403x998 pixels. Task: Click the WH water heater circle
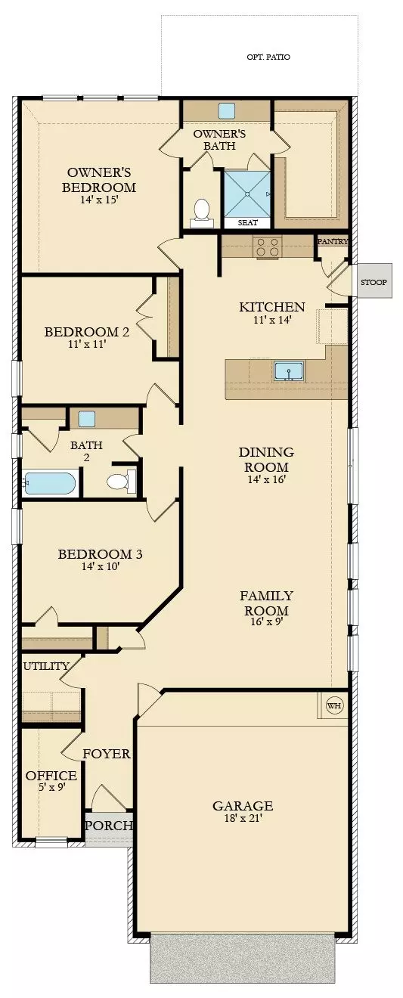point(334,705)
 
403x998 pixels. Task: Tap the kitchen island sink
point(288,371)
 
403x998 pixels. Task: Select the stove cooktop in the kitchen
point(268,246)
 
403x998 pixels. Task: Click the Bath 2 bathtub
point(49,483)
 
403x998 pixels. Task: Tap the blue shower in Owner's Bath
point(247,194)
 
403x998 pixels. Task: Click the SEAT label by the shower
point(247,223)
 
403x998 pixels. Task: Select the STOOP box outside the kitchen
point(373,280)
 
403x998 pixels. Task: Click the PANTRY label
point(333,241)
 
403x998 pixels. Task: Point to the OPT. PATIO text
point(268,57)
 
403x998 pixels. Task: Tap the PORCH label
point(109,826)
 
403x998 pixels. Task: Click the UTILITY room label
point(46,666)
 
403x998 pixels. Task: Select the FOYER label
point(107,753)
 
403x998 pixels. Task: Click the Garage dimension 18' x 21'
point(243,818)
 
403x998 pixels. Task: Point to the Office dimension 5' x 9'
point(51,787)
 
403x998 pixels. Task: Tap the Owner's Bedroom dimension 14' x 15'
point(99,200)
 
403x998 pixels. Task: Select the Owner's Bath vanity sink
point(227,111)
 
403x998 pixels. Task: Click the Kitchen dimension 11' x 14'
point(272,319)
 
